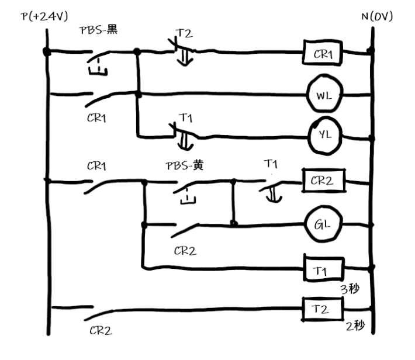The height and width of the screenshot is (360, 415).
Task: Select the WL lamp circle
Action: pos(323,95)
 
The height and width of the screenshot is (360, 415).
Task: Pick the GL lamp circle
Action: pos(323,224)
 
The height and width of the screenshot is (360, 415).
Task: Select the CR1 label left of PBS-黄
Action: pos(97,166)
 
